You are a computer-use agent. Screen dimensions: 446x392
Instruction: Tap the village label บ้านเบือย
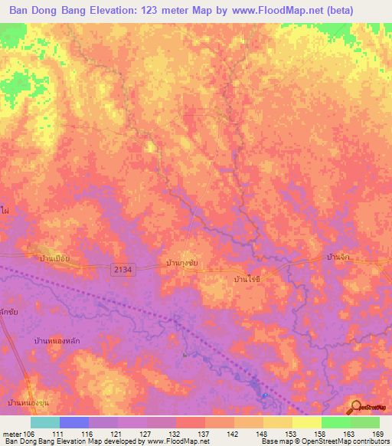coord(55,258)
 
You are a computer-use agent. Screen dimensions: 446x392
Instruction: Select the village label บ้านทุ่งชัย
coord(184,263)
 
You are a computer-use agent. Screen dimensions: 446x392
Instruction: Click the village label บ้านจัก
coord(338,257)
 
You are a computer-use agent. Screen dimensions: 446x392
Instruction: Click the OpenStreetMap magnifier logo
coord(357,407)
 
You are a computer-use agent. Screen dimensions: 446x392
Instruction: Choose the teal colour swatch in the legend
coord(45,422)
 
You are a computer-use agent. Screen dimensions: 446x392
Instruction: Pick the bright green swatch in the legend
coord(335,422)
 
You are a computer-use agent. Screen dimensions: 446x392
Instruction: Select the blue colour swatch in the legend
coord(74,422)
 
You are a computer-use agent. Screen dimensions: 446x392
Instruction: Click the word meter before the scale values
coord(11,433)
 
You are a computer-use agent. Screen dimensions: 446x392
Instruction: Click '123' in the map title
coord(165,10)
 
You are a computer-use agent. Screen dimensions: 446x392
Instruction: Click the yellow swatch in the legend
coord(306,422)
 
